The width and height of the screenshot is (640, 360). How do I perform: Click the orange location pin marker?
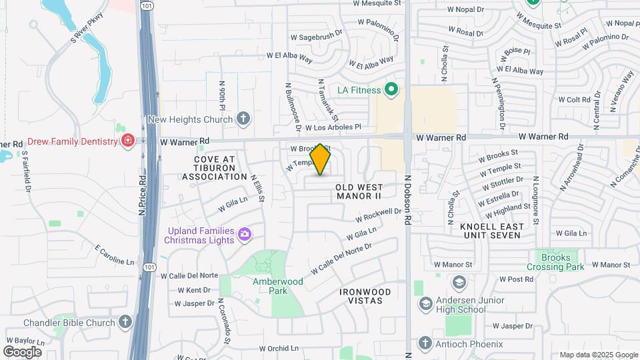coord(321,159)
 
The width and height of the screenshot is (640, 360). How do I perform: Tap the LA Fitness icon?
coord(392,90)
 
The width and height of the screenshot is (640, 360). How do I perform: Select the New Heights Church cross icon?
coord(243,119)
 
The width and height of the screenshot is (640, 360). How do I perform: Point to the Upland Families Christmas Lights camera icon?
coord(245,233)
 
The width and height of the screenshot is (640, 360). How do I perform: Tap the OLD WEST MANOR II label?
coord(358,191)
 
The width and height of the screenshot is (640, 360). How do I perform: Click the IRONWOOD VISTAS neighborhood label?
coord(361,296)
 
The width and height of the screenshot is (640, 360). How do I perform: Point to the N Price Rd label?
coord(142,195)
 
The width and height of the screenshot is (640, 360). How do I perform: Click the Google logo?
coord(22,351)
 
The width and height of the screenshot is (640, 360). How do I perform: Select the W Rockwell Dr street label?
coord(378,215)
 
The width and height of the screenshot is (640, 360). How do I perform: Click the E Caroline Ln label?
coord(119,255)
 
